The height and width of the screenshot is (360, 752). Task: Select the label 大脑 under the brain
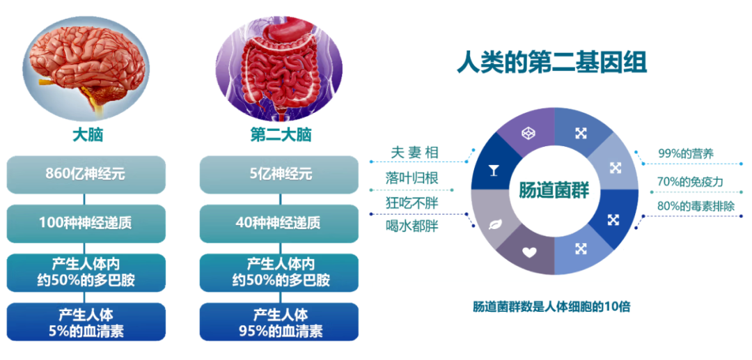tap(88, 136)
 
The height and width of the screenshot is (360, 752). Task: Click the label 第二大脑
tap(281, 136)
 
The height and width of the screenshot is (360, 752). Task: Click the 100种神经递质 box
tap(86, 224)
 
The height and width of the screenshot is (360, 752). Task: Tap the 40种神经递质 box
tap(279, 224)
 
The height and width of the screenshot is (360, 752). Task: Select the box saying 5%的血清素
tap(86, 322)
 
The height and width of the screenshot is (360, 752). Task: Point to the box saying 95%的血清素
tap(279, 322)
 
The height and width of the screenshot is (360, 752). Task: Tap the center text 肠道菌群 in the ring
tap(554, 191)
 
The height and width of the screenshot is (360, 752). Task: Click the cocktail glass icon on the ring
tap(492, 171)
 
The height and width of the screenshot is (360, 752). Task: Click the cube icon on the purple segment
tap(528, 133)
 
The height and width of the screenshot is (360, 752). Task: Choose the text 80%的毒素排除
tap(696, 206)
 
